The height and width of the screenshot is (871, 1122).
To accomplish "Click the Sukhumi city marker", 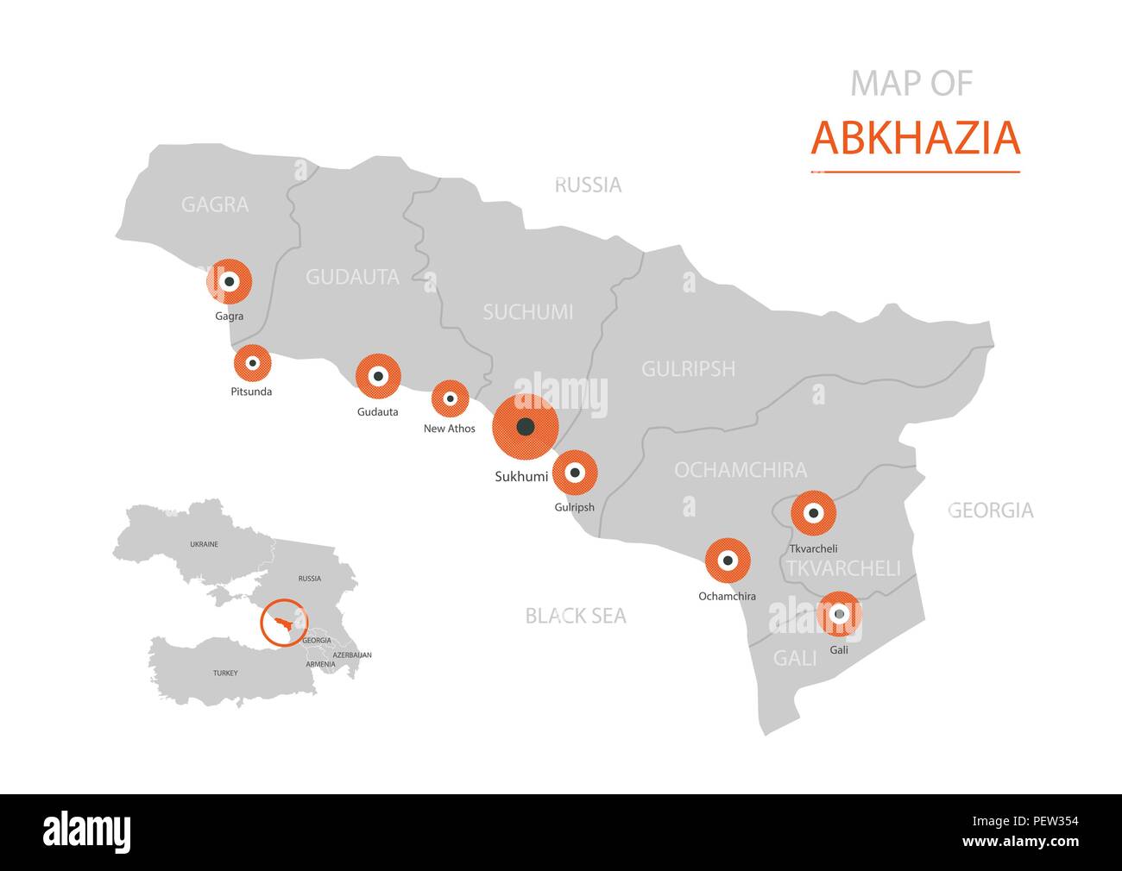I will tap(526, 427).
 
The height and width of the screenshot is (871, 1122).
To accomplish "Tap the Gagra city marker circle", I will tap(229, 281).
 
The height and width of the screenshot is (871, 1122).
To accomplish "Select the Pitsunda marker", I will tap(253, 363).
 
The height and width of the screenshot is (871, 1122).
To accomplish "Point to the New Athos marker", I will tap(450, 398).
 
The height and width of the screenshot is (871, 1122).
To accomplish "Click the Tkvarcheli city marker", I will tap(813, 513).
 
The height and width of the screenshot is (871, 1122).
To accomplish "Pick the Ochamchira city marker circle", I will tap(728, 561).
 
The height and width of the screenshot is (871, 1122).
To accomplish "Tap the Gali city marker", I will tap(839, 614).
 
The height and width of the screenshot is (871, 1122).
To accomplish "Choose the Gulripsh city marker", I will tap(575, 473).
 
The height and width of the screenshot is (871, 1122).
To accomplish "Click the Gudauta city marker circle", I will tap(378, 376).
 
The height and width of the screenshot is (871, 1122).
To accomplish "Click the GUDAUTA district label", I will tap(352, 277).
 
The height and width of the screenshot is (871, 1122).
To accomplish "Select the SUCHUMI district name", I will tap(527, 312).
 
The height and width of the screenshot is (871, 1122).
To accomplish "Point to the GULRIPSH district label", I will tap(688, 369).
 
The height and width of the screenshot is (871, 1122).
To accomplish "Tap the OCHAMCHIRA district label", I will tap(741, 470).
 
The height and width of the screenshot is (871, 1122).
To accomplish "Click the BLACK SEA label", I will tap(576, 616).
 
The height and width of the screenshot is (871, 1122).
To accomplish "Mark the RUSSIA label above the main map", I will tap(588, 185).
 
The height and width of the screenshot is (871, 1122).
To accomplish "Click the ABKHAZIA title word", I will tap(915, 138).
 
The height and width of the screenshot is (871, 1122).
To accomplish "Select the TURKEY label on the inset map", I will tap(225, 673).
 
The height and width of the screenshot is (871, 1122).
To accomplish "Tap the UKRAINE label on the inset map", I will tap(205, 544).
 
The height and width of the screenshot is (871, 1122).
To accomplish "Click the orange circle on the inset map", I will tap(284, 622).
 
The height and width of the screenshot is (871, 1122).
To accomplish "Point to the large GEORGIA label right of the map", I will tap(990, 511).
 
